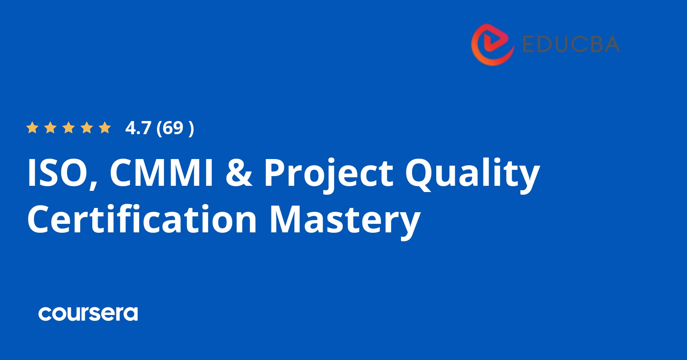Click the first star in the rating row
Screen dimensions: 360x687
pyautogui.click(x=32, y=128)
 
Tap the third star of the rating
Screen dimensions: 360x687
pyautogui.click(x=69, y=128)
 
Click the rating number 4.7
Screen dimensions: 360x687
pyautogui.click(x=138, y=128)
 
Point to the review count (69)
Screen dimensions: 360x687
pyautogui.click(x=175, y=128)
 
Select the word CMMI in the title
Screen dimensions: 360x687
pyautogui.click(x=161, y=173)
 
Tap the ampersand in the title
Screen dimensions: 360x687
pyautogui.click(x=239, y=173)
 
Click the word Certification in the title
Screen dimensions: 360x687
pyautogui.click(x=142, y=220)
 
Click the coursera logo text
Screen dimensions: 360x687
pyautogui.click(x=88, y=314)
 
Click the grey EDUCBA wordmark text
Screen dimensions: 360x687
pyautogui.click(x=571, y=44)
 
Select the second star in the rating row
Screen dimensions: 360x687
pyautogui.click(x=50, y=128)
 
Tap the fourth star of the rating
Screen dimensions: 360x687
pyautogui.click(x=87, y=128)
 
